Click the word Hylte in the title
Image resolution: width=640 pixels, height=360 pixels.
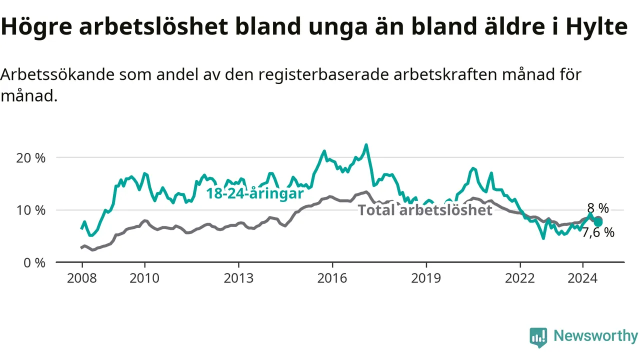click(596, 27)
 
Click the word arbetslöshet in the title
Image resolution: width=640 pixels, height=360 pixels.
click(153, 26)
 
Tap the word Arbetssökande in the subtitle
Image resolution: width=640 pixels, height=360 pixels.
click(57, 74)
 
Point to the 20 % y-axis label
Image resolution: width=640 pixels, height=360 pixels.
click(30, 158)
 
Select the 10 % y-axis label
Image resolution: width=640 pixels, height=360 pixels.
click(30, 210)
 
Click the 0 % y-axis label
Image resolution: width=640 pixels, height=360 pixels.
click(34, 263)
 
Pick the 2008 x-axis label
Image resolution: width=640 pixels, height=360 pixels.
click(82, 278)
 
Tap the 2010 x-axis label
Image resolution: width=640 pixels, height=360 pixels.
click(144, 278)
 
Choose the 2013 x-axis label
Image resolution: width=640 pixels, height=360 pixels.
click(238, 278)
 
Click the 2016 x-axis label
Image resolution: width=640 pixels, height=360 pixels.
click(332, 278)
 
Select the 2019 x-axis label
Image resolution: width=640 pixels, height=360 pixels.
click(426, 278)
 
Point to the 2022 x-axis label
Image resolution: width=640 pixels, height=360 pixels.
click(520, 278)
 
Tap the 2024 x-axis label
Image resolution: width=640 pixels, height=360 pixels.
click(582, 278)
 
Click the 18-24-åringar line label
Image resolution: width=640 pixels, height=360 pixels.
click(255, 193)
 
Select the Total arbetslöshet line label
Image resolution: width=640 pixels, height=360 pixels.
click(425, 210)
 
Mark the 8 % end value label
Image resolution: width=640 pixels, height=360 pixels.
click(598, 208)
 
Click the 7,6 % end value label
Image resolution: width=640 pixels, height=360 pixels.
click(598, 232)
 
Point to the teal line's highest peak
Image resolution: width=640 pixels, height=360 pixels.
click(366, 145)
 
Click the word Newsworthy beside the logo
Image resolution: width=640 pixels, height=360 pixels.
click(596, 335)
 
